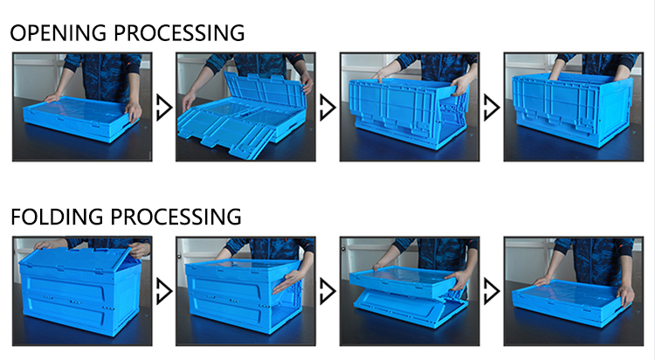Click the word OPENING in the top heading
pyautogui.click(x=58, y=33)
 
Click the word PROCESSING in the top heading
pyautogui.click(x=179, y=33)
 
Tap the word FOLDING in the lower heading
pyautogui.click(x=57, y=217)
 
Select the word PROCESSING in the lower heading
pyautogui.click(x=176, y=217)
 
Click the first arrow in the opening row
pyautogui.click(x=164, y=107)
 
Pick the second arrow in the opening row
pyautogui.click(x=327, y=107)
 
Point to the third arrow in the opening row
pyautogui.click(x=491, y=107)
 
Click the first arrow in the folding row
pyautogui.click(x=164, y=292)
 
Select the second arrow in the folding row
pyautogui.click(x=327, y=292)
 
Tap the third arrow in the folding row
pyautogui.click(x=491, y=292)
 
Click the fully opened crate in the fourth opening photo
pyautogui.click(x=573, y=109)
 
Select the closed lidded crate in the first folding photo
pyautogui.click(x=79, y=291)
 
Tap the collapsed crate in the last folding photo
pyautogui.click(x=571, y=301)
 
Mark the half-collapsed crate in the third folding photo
pyautogui.click(x=410, y=296)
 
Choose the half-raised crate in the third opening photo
pyautogui.click(x=410, y=112)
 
